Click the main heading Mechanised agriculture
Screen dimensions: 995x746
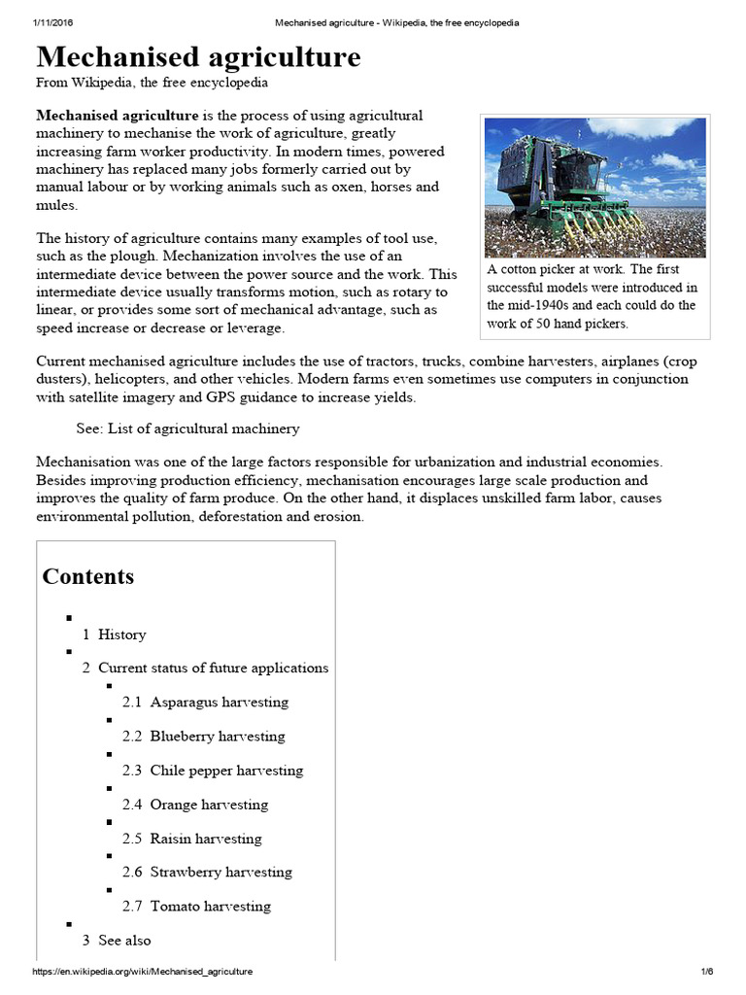point(198,57)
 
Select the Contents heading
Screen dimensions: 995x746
point(88,576)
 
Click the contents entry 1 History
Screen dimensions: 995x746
point(114,635)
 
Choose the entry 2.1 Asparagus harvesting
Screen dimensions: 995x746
point(205,702)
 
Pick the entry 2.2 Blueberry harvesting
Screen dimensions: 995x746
point(203,736)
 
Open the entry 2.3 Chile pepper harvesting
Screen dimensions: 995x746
point(213,771)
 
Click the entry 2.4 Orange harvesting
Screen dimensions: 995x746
point(195,805)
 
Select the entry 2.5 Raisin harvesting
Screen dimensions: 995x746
point(192,839)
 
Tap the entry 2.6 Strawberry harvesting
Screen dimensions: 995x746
point(207,873)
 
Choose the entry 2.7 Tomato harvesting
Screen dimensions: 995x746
point(196,907)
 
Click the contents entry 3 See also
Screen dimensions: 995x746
point(117,941)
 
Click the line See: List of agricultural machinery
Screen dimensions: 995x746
point(187,429)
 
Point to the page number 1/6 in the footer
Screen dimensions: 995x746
point(706,972)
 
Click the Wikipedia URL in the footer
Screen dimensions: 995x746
point(143,972)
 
